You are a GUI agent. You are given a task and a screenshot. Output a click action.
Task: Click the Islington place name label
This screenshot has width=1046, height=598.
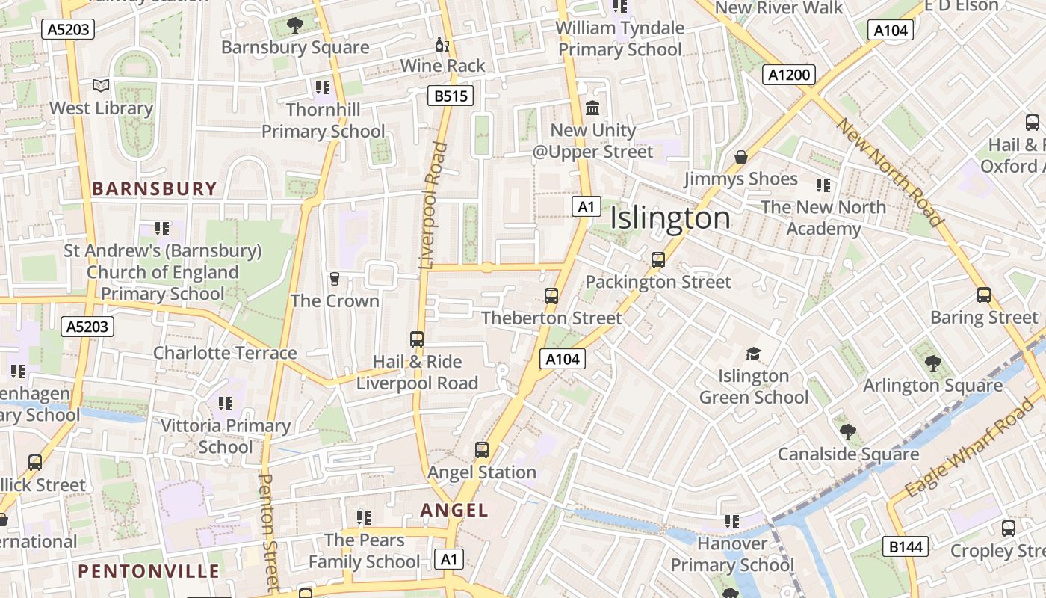[x=670, y=218]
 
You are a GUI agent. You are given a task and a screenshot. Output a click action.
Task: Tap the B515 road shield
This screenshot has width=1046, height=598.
[x=451, y=96]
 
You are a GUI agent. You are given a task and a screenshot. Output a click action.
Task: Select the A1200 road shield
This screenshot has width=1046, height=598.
[x=789, y=75]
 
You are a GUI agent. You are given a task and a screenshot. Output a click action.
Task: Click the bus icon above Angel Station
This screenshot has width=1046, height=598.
[x=482, y=450]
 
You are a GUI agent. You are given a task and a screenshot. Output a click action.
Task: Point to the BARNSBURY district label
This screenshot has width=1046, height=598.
[x=155, y=188]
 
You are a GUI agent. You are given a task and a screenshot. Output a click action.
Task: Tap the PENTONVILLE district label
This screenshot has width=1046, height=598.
[x=149, y=572]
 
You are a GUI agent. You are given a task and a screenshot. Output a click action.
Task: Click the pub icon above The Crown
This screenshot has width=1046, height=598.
[x=335, y=279]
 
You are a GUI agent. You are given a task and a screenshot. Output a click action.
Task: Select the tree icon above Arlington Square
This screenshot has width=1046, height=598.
[x=932, y=363]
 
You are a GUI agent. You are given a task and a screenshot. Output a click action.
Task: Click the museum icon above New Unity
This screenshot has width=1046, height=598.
[x=592, y=108]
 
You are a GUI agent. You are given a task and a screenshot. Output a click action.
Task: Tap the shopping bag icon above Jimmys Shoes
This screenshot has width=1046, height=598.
[x=741, y=157]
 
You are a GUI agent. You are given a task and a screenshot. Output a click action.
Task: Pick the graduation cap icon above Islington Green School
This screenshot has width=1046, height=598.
[x=753, y=354]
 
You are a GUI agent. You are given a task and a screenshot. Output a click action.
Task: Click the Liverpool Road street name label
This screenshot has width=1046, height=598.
[x=433, y=206]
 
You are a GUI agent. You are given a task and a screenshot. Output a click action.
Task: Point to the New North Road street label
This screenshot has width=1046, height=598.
[x=889, y=172]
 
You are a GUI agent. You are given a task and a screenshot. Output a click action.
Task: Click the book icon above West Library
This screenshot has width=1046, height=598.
[x=101, y=86]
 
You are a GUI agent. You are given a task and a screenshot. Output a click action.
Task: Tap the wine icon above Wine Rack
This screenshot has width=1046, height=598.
[x=442, y=45]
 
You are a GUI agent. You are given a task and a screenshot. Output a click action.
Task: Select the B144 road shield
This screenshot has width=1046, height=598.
[x=906, y=546]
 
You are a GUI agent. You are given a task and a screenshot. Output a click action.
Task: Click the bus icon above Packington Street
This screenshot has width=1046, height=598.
[x=657, y=260]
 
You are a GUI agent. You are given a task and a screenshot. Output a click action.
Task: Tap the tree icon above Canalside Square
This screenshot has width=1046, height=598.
[x=847, y=432]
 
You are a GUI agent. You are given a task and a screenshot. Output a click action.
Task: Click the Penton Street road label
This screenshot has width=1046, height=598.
[x=267, y=531]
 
